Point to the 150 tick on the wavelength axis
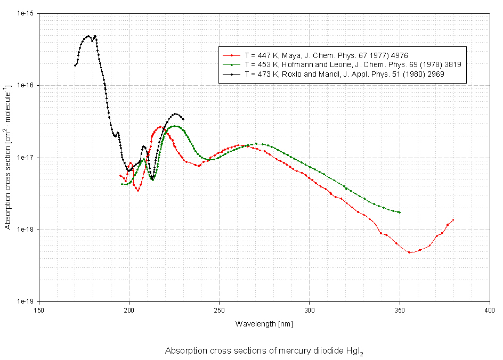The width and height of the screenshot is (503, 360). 39,309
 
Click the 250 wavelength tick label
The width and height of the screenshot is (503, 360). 219,309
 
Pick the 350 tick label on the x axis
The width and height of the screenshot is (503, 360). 400,309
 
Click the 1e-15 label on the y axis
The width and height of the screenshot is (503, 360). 25,13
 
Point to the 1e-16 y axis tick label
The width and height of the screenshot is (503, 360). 25,86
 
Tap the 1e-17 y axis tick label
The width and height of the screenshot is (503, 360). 25,158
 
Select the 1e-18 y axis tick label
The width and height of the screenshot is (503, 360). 25,230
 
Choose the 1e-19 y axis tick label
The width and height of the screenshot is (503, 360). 25,302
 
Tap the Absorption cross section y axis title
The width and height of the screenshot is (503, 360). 8,158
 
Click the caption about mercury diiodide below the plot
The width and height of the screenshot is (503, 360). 264,351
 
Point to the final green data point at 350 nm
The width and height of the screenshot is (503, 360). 399,212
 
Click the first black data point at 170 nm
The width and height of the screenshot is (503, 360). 75,66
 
